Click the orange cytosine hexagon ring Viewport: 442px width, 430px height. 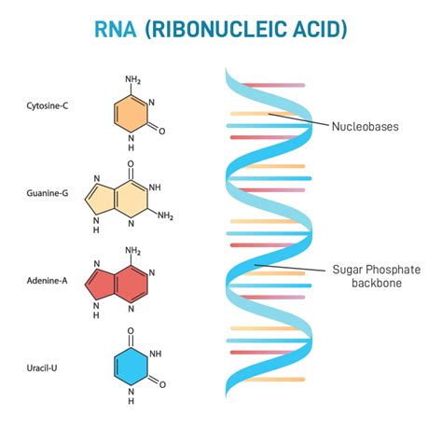click(x=131, y=115)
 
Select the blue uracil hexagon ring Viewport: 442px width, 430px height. click(x=131, y=368)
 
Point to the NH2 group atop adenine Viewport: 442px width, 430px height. click(x=133, y=250)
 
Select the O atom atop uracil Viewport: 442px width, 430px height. click(x=131, y=331)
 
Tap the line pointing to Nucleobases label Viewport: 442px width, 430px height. click(x=298, y=120)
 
